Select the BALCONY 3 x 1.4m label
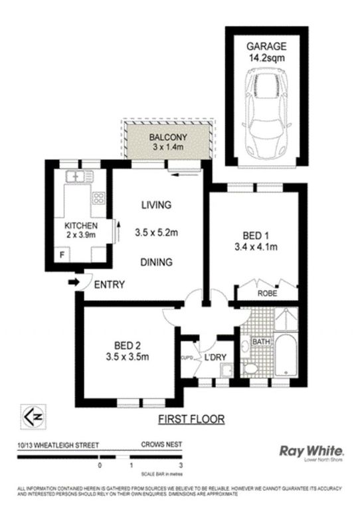click(166, 141)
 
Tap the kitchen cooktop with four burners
click(99, 197)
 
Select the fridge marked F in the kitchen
click(63, 254)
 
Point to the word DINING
click(157, 262)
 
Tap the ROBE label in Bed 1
click(267, 292)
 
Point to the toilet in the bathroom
click(252, 367)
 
